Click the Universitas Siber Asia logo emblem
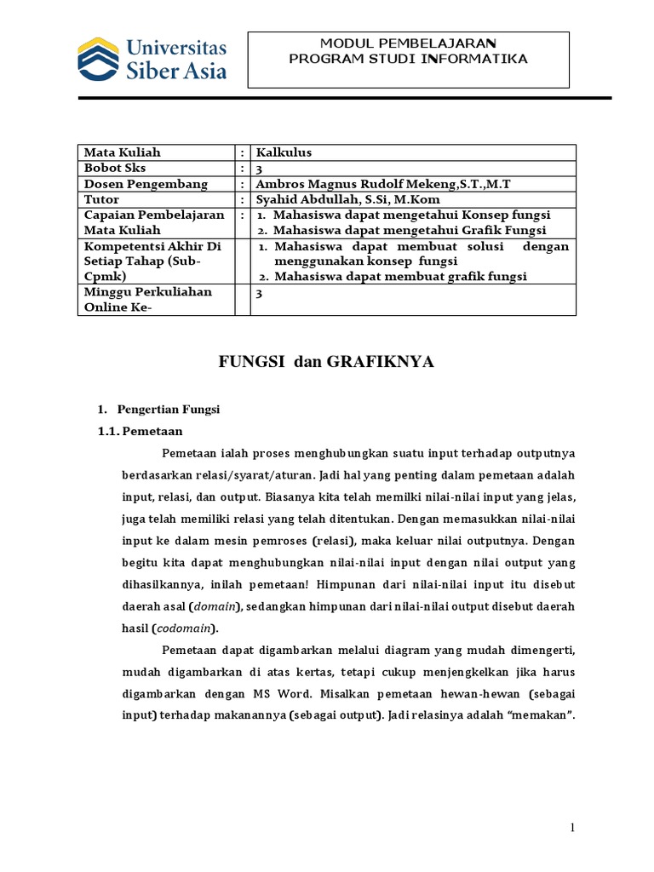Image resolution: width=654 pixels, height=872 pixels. pos(99,57)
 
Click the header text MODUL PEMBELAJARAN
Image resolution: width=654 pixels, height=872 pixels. pos(408,43)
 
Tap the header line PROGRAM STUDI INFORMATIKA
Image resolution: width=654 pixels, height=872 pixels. pos(408,59)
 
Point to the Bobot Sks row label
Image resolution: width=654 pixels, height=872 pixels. pos(115,168)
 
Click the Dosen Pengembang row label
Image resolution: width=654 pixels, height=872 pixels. pos(134,184)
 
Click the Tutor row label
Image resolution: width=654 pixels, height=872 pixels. pos(100,199)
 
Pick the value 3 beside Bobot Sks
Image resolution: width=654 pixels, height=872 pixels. pos(260,169)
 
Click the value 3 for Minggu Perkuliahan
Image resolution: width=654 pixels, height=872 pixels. pos(260,293)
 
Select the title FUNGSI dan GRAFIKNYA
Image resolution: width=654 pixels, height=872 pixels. pos(326,363)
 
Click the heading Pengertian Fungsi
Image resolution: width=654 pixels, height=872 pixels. pos(168,410)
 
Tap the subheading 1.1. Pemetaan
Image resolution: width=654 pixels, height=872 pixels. pos(141,432)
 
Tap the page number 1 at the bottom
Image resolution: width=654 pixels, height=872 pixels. pos(573,828)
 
